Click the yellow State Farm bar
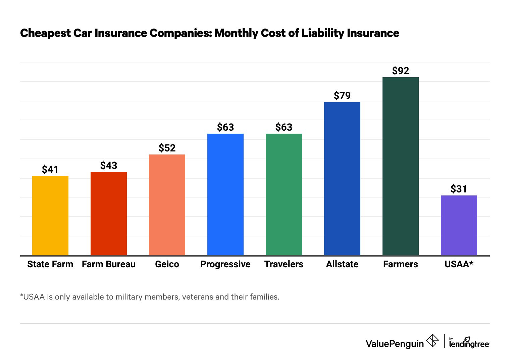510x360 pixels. point(50,216)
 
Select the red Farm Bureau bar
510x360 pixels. point(109,214)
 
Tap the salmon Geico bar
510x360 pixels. point(167,205)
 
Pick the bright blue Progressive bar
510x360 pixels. point(225,194)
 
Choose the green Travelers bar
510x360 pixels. point(284,194)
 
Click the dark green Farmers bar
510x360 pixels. point(401,166)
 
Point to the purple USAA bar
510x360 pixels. point(459,225)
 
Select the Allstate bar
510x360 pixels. point(342,179)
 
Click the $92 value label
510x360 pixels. point(401,71)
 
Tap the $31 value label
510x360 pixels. point(459,189)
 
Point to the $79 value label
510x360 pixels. point(342,96)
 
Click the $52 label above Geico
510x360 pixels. point(167,148)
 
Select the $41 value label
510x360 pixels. point(50,170)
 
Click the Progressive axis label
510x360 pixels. point(225,264)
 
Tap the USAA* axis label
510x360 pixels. point(459,264)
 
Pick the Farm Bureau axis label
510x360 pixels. point(109,264)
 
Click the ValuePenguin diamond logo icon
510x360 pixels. point(432,341)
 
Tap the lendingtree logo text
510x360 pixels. point(469,344)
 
